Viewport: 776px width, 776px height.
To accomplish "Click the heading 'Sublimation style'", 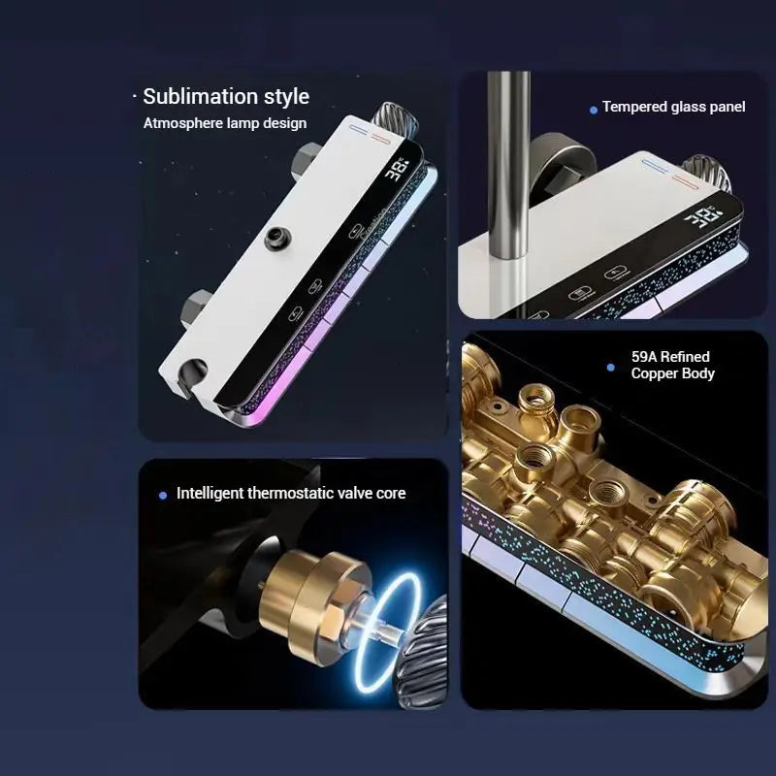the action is point(226,96).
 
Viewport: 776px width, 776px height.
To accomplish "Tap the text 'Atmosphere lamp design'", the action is point(225,123).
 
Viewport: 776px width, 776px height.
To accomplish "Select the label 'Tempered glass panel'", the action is point(673,107).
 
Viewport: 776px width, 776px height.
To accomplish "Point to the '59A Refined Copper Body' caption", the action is point(672,366).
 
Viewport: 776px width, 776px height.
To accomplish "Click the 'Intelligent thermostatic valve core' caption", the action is point(291,494).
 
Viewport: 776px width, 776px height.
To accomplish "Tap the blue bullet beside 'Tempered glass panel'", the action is point(594,110).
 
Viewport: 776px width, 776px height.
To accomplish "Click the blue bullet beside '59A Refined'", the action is point(611,368).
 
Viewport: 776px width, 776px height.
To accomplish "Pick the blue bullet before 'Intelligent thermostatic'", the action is point(163,496).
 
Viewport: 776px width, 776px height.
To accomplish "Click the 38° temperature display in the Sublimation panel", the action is point(397,169).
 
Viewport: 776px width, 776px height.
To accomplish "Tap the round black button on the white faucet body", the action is point(277,238).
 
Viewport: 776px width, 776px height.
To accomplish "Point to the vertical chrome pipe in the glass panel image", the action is point(508,164).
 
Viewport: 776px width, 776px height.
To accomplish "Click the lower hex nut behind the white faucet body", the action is point(197,308).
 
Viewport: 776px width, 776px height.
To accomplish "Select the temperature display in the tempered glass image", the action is point(703,217).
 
